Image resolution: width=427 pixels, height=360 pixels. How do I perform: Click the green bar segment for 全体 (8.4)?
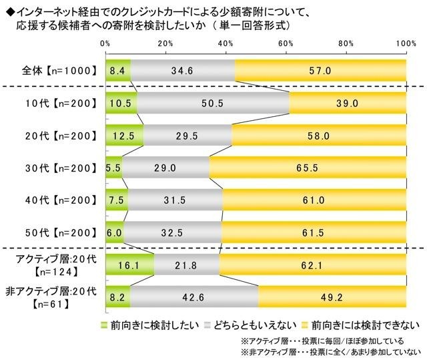click(x=117, y=69)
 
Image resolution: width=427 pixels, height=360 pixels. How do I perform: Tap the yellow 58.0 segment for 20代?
click(x=319, y=134)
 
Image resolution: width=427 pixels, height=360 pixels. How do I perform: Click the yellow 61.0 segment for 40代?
click(x=315, y=199)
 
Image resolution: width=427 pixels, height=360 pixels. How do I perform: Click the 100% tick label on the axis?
click(x=405, y=43)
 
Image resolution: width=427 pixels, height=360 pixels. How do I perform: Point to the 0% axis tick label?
click(x=105, y=43)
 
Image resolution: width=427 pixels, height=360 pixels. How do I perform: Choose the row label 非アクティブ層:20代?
click(x=53, y=291)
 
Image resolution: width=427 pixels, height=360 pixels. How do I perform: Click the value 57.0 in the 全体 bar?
click(x=320, y=69)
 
